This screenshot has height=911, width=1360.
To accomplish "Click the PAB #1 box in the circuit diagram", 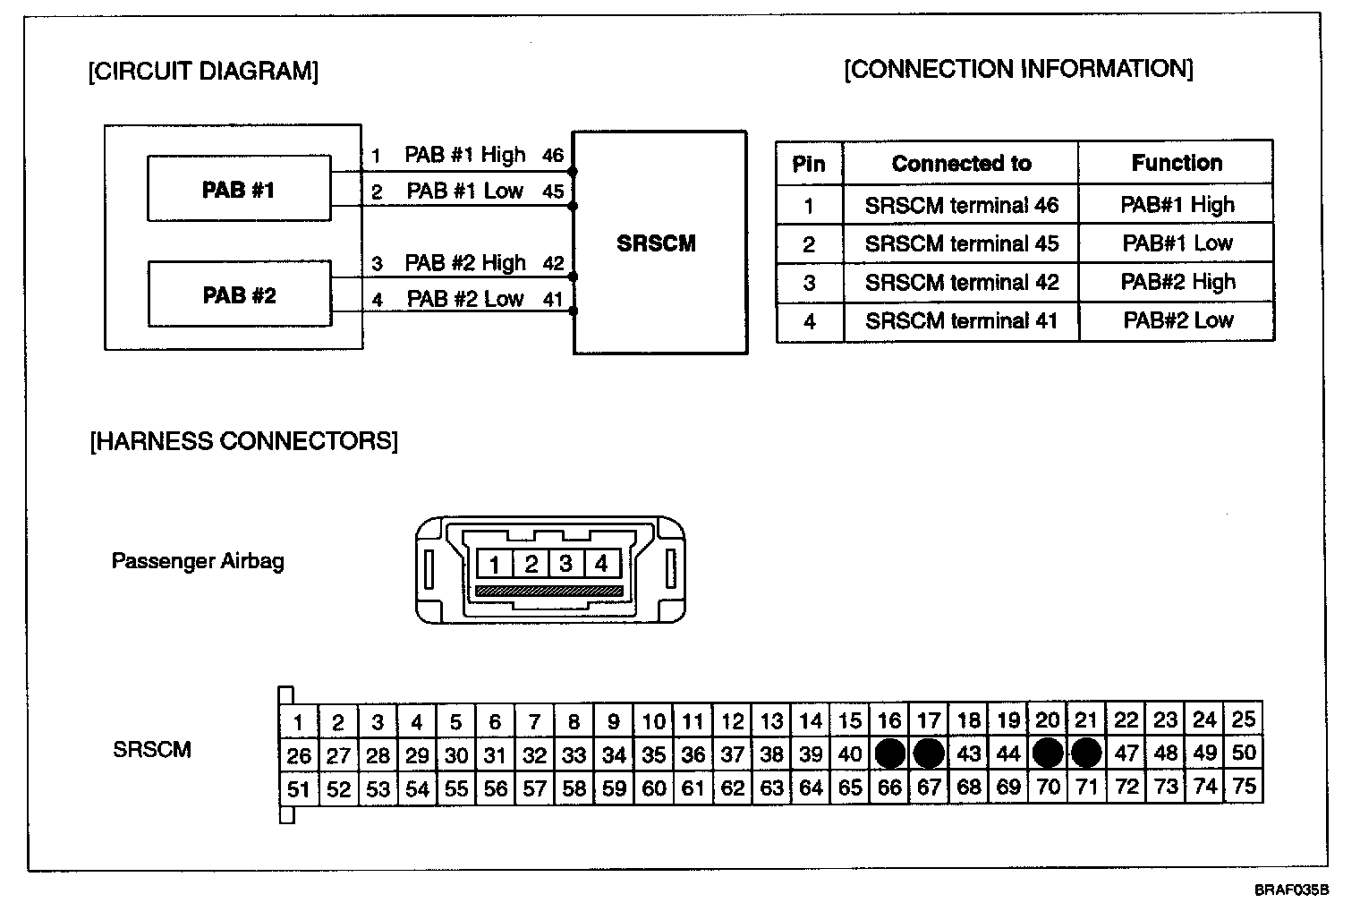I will (238, 190).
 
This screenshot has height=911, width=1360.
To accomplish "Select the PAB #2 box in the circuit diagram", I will (238, 295).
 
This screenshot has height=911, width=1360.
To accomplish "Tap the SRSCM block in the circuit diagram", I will (659, 243).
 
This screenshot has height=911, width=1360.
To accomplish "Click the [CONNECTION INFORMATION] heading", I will (1018, 70).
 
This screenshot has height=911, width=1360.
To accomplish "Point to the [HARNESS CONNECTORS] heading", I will (243, 441).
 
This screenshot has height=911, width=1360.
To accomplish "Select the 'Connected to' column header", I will (961, 164).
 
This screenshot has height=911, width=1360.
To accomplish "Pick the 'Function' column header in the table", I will (1176, 163).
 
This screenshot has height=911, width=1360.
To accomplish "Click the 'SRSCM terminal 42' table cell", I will (961, 283).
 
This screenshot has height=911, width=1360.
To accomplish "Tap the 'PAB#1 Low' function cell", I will (1177, 243).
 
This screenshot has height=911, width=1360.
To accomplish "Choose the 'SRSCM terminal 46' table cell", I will (961, 206).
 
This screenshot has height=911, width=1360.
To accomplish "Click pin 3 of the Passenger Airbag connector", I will (565, 564).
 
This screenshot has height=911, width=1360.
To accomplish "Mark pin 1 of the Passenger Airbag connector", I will (495, 564).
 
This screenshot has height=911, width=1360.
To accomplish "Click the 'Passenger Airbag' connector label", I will (198, 561).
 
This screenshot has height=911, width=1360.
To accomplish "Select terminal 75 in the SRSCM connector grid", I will (1244, 787).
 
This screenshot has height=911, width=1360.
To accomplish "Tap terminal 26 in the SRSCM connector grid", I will (299, 755).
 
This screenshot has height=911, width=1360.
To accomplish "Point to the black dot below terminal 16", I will (889, 753).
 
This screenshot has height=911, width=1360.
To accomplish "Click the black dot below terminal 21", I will (1086, 753).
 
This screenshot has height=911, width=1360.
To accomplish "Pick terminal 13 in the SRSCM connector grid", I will (771, 721).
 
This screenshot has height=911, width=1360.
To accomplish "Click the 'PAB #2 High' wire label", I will (465, 263).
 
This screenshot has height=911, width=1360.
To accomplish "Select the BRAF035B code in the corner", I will (1291, 890).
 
